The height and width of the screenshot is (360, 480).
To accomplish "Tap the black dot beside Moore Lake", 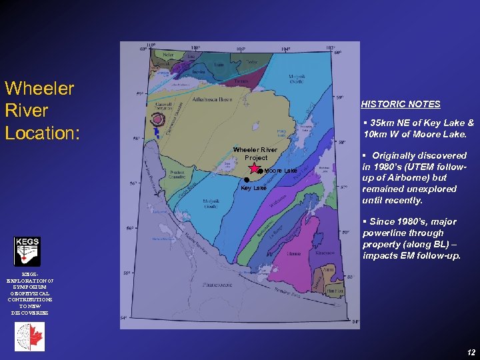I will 260,171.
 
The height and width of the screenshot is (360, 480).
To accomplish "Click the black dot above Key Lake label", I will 246,180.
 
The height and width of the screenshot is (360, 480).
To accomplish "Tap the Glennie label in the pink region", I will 293,254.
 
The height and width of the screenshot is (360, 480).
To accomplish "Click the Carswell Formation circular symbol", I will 158,121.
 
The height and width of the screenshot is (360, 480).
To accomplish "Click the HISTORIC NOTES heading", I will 401,104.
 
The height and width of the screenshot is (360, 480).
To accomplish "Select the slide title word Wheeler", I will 39,89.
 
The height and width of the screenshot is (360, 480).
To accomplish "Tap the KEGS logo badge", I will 27,251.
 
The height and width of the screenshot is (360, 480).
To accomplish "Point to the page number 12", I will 471,351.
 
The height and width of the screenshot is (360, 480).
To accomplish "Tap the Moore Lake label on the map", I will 281,171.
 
